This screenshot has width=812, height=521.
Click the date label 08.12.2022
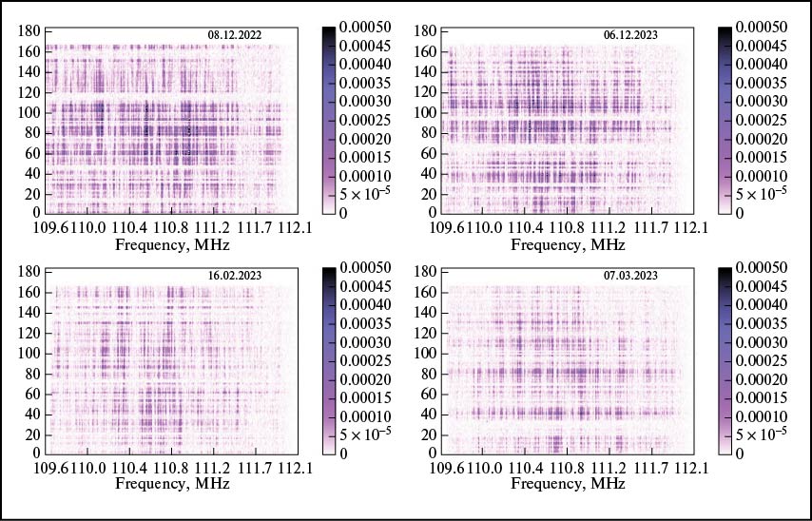234,35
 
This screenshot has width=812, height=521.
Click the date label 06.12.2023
630,35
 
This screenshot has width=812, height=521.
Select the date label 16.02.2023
235,276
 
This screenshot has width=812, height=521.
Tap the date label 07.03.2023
630,276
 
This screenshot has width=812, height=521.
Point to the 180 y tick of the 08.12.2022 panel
30,31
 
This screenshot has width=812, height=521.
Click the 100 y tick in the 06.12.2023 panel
427,112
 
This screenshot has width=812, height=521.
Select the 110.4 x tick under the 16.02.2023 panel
130,470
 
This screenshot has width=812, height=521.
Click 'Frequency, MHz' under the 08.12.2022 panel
171,245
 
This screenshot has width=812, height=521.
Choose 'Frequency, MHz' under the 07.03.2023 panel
568,485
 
